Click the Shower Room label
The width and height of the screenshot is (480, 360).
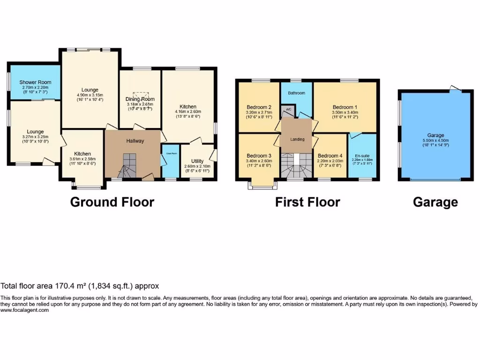[x=35, y=82]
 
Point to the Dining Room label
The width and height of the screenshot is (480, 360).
[x=140, y=99]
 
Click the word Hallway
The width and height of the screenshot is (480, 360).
[x=135, y=141]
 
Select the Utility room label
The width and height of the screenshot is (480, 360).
[x=197, y=161]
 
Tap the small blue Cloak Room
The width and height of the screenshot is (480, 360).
[x=170, y=162]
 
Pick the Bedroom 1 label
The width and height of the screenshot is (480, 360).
[x=345, y=107]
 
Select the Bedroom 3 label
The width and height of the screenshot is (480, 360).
[x=259, y=156]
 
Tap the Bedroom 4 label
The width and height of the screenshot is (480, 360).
[x=330, y=156]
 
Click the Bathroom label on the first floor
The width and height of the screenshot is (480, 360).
[x=296, y=93]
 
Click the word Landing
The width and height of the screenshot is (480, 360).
[x=297, y=139]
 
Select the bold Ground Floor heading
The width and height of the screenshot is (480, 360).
[x=112, y=202]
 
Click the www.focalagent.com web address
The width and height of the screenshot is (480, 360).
[x=24, y=310]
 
